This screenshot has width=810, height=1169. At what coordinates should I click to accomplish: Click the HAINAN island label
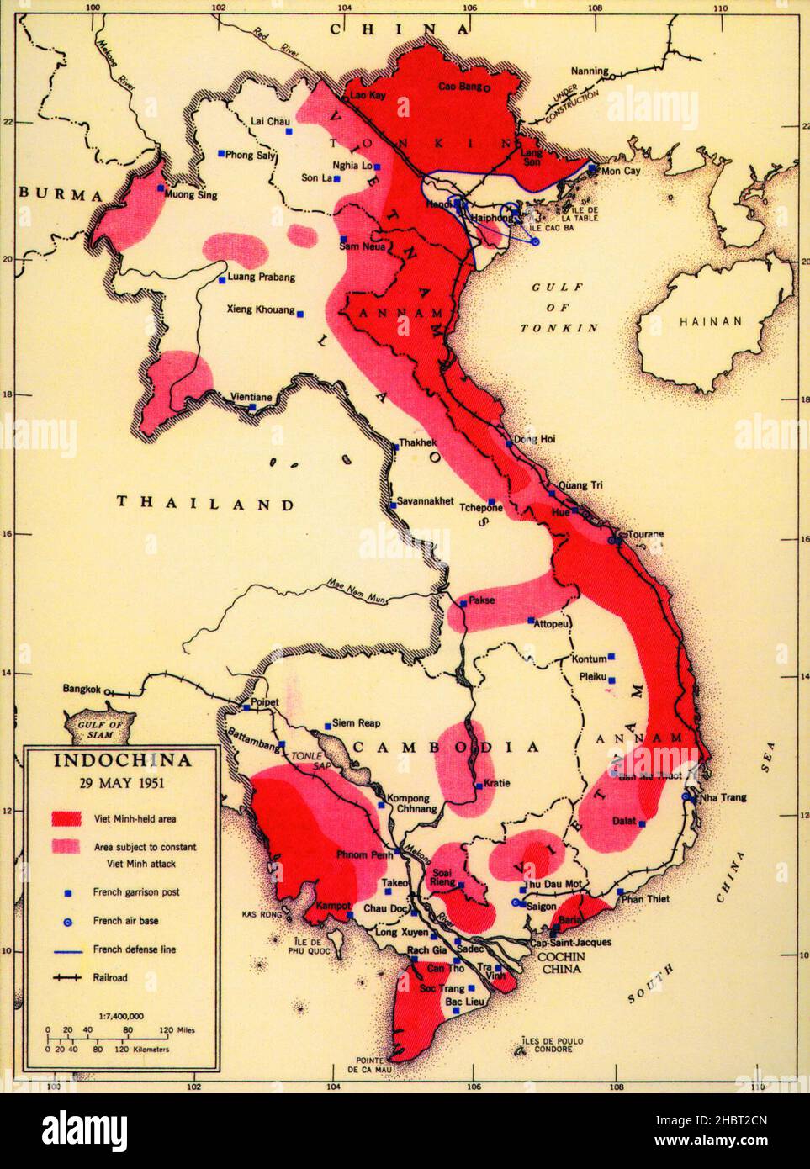click(711, 321)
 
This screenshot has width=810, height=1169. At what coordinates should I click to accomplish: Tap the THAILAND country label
click(206, 504)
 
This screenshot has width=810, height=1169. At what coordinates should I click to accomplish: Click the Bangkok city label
click(82, 689)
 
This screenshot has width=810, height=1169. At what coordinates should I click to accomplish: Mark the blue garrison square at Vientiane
click(252, 407)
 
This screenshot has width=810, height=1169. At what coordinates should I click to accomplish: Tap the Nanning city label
click(589, 71)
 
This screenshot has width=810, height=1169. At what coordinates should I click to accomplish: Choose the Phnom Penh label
click(362, 855)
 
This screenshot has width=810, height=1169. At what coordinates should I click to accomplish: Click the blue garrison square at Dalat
click(642, 823)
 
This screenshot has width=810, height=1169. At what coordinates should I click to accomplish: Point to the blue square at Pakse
click(463, 603)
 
